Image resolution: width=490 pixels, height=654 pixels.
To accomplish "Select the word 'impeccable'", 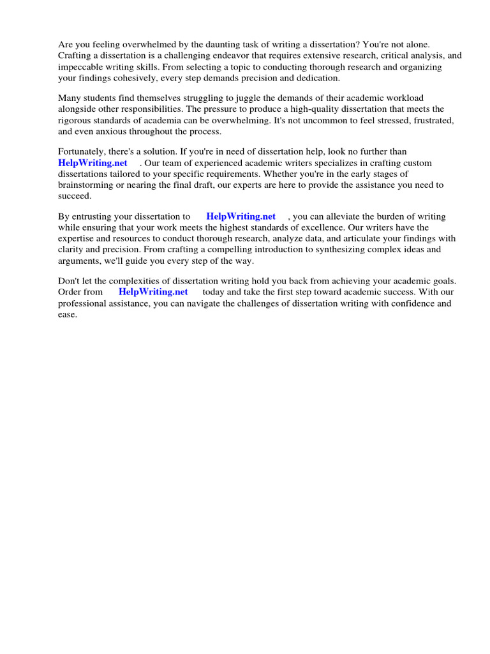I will (x=80, y=66).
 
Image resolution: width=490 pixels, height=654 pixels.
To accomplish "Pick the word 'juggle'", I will (x=256, y=98).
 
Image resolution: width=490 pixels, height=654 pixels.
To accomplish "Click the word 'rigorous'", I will (x=75, y=120).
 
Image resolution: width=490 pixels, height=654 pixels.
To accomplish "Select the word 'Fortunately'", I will (x=82, y=152).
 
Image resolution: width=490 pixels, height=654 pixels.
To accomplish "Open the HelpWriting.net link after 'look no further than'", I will (x=93, y=163).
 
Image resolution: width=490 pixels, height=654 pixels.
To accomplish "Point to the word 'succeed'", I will (x=75, y=195).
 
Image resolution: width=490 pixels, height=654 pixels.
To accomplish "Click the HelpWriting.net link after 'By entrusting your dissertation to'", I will (x=241, y=217).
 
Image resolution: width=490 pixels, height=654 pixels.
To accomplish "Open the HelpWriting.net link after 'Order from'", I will (x=153, y=292).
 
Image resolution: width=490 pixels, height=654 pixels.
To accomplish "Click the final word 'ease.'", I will (x=68, y=314).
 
